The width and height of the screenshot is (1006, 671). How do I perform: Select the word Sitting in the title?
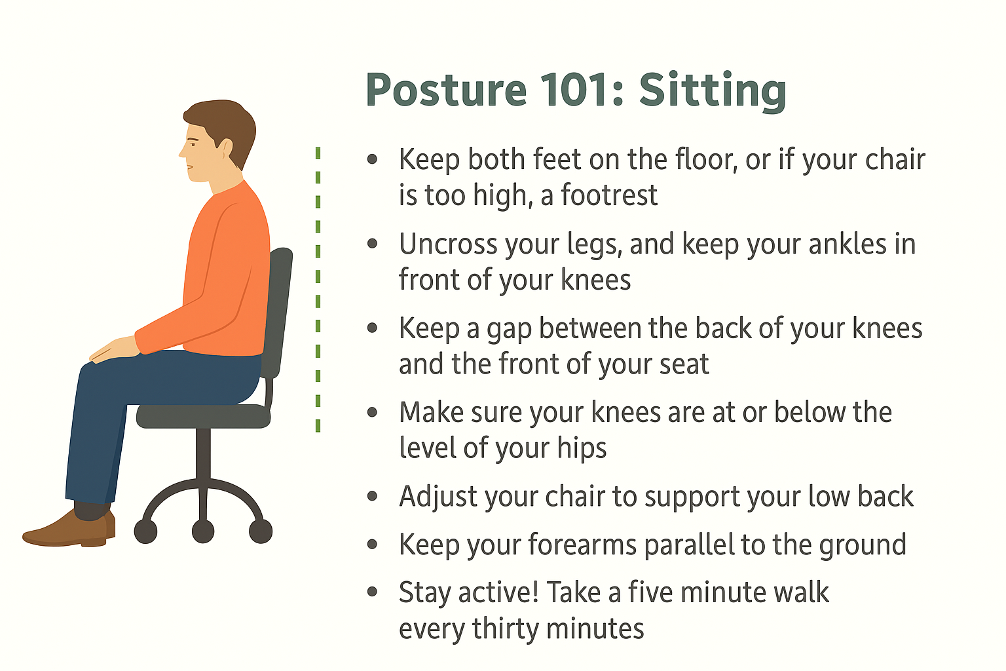coord(713,92)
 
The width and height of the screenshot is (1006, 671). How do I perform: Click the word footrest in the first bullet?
coord(609,195)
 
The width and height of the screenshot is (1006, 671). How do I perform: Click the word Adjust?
coord(438,497)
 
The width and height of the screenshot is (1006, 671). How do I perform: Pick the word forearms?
coord(582,545)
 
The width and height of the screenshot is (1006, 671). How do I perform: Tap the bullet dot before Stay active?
coord(372,592)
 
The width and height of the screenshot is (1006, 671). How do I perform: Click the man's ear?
coord(225,148)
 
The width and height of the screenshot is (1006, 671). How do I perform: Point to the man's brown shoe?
coord(69,529)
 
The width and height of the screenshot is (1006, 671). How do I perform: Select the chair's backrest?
coord(278,313)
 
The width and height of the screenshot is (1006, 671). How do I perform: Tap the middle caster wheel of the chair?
coord(203,531)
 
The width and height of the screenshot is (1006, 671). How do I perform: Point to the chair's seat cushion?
coord(204,416)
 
